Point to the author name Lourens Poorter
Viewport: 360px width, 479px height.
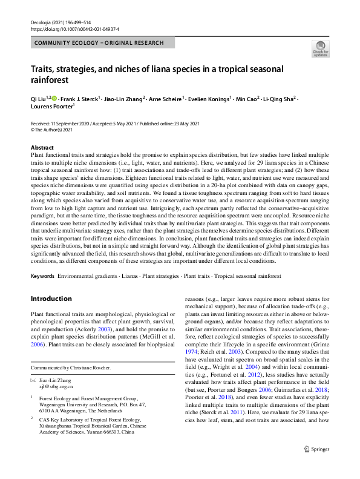[x=51, y=108]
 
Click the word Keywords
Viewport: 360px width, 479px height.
[x=43, y=276]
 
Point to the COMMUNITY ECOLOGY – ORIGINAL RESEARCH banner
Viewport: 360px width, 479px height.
[x=103, y=43]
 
